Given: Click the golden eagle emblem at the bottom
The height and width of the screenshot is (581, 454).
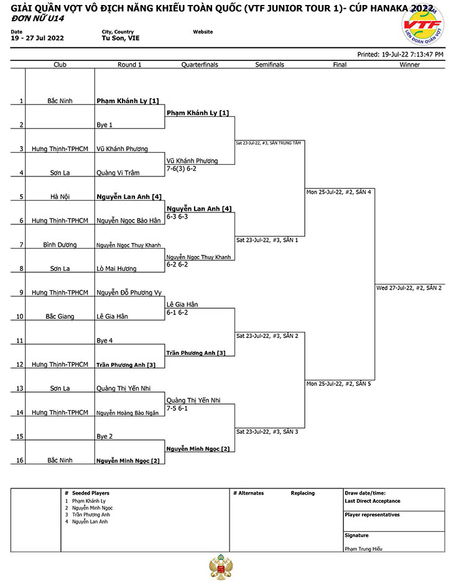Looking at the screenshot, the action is pyautogui.click(x=221, y=567).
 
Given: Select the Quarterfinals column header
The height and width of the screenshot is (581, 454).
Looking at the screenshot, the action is pyautogui.click(x=200, y=65).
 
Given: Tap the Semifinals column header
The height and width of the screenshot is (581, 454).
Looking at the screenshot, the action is pyautogui.click(x=270, y=65).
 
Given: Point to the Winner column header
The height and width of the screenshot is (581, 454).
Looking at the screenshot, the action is pyautogui.click(x=409, y=65).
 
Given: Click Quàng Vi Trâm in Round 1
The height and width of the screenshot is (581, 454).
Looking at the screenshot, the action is pyautogui.click(x=118, y=173).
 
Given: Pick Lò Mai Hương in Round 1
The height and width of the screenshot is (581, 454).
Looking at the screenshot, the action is pyautogui.click(x=116, y=268).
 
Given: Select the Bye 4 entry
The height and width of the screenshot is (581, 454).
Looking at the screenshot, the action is pyautogui.click(x=104, y=341).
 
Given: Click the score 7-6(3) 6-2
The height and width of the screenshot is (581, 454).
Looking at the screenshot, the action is pyautogui.click(x=182, y=168).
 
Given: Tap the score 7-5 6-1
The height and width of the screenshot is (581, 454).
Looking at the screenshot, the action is pyautogui.click(x=177, y=408).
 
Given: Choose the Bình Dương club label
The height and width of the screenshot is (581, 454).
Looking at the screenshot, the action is pyautogui.click(x=60, y=245).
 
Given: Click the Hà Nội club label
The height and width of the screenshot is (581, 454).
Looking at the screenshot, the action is pyautogui.click(x=60, y=196).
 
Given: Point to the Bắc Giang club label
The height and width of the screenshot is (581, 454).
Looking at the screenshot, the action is pyautogui.click(x=60, y=316).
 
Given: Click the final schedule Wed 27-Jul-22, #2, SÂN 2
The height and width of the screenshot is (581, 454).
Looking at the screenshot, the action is pyautogui.click(x=409, y=288).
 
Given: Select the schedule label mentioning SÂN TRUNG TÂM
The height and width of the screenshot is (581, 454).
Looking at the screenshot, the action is pyautogui.click(x=269, y=143).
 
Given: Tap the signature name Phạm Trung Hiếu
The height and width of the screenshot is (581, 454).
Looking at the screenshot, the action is pyautogui.click(x=363, y=549).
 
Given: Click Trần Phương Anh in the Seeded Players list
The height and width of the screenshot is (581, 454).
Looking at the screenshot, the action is pyautogui.click(x=91, y=515).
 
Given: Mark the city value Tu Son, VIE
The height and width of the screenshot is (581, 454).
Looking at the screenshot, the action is pyautogui.click(x=121, y=38).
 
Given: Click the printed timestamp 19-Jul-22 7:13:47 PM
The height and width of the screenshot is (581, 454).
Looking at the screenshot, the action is pyautogui.click(x=412, y=55).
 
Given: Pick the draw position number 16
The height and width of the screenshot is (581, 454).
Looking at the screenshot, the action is pyautogui.click(x=20, y=460).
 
